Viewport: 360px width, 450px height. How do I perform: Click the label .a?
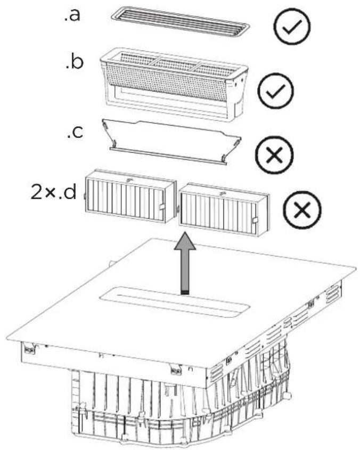pos(72,15)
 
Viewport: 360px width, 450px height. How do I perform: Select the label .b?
pos(75,62)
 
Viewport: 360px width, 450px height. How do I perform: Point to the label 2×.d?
pos(54,192)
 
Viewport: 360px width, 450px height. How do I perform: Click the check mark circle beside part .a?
pos(292,26)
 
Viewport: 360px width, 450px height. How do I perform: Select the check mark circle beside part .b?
pos(276,91)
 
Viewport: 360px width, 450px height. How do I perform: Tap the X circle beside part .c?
pos(275,156)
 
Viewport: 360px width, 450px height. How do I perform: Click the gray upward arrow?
pos(185,263)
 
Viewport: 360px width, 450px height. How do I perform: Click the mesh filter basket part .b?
pos(174,83)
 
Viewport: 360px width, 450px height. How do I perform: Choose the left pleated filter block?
pos(130,196)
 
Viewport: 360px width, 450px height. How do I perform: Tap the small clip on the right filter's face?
pos(255,220)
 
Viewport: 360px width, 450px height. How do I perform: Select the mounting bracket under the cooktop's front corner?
pos(176,370)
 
